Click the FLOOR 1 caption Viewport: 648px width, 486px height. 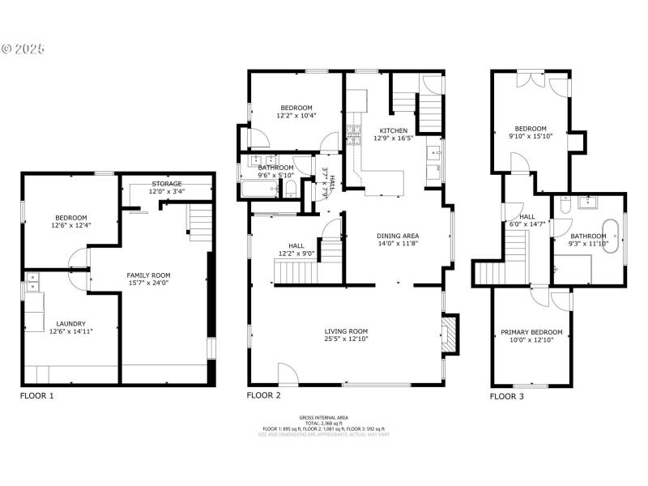(x=36, y=396)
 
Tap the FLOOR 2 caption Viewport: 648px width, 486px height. (x=263, y=396)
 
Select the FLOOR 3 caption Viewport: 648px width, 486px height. (x=507, y=396)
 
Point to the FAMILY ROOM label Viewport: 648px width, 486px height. (x=148, y=275)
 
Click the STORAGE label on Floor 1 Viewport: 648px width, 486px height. (x=167, y=184)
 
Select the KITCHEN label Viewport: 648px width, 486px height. (x=394, y=130)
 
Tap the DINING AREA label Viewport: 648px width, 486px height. (x=398, y=236)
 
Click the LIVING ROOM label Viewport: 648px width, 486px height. (x=347, y=331)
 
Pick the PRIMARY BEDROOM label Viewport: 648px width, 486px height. (x=531, y=333)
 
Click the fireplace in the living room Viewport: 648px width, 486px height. (x=448, y=334)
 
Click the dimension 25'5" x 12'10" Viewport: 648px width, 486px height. (x=347, y=339)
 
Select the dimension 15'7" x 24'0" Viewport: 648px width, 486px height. (x=148, y=283)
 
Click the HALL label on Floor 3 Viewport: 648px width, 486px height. (x=527, y=216)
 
